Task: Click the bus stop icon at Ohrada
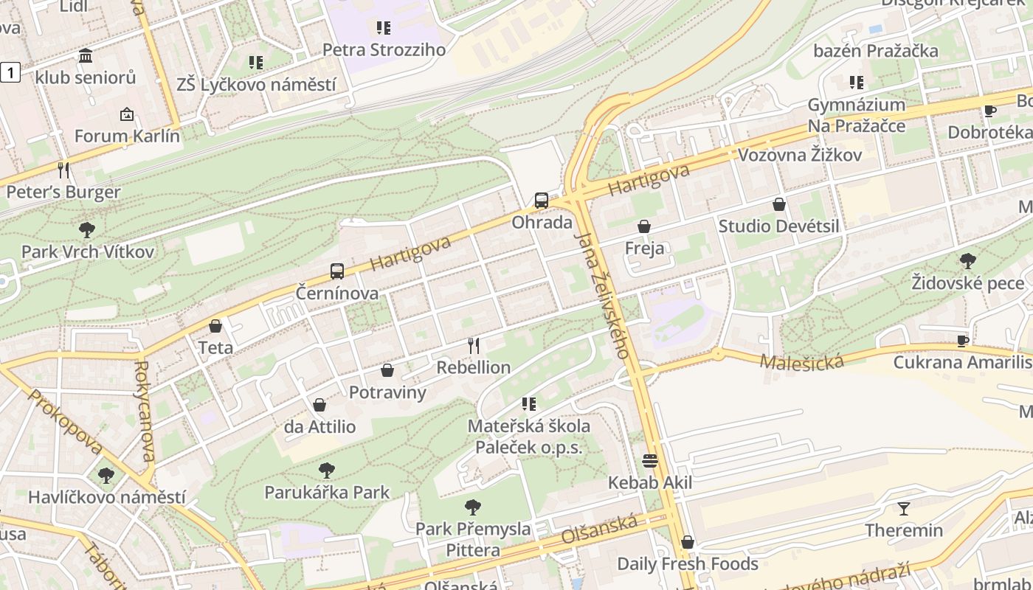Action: pos(542,201)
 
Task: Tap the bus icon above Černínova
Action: pos(337,271)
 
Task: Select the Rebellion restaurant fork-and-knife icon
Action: pos(474,345)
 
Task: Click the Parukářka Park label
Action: pos(327,492)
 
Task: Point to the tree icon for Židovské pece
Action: pos(967,261)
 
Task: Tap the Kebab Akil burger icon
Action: pos(650,462)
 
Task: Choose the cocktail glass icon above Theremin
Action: pos(904,509)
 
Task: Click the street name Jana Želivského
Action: pos(602,295)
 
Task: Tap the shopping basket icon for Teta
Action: pos(215,326)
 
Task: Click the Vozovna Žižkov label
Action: pos(800,155)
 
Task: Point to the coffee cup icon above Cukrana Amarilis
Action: pos(962,341)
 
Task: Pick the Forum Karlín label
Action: pos(127,136)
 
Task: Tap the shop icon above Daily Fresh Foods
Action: pos(688,543)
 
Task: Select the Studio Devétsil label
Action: pos(778,226)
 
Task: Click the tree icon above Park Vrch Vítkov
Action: pos(87,230)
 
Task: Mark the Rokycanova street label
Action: pos(145,410)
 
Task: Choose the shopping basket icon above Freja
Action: pos(644,226)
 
